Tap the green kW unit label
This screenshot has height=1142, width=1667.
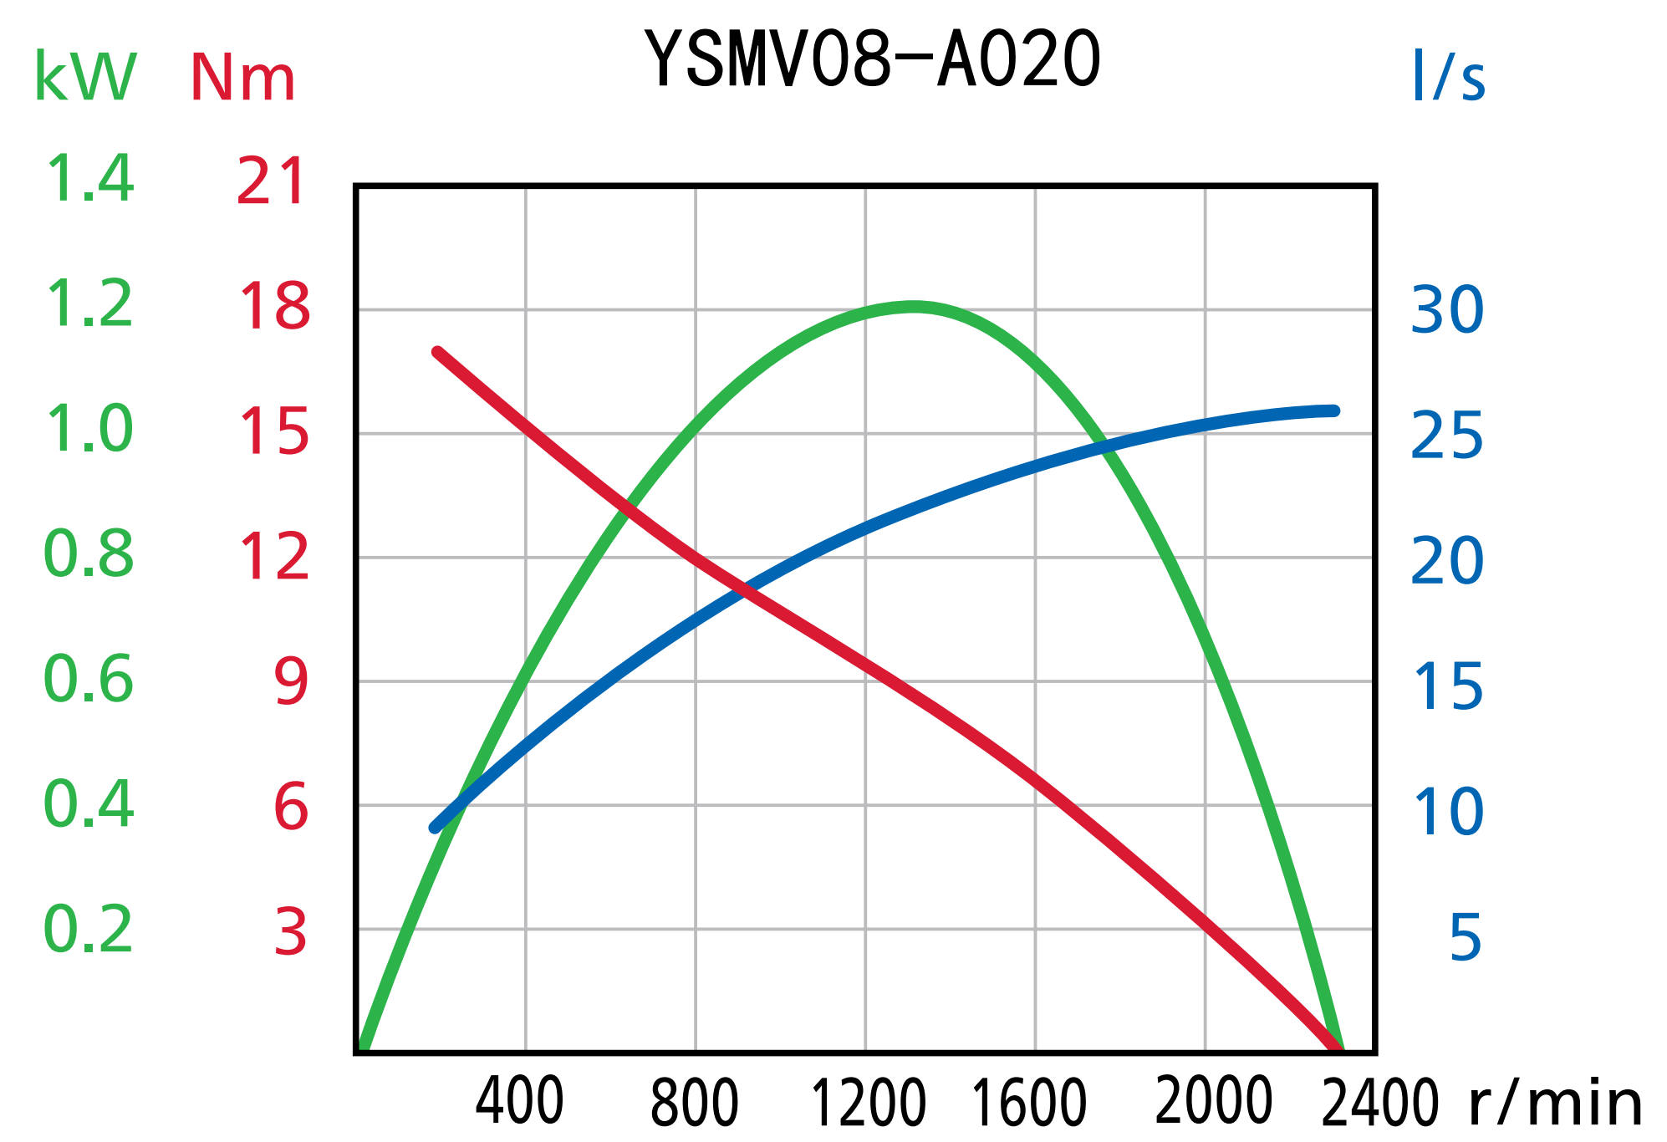(84, 77)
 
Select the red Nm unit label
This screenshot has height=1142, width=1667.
(242, 79)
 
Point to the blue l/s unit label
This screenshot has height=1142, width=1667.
(1448, 77)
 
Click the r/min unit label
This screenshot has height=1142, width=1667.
(1555, 1104)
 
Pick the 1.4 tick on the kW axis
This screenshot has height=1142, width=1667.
(89, 179)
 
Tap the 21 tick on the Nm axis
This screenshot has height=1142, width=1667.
(270, 181)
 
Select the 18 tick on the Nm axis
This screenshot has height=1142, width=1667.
(274, 306)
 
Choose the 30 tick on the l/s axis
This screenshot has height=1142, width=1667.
(1447, 310)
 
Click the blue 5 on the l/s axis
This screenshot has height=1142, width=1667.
(1466, 937)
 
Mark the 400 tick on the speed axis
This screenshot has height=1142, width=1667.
(519, 1102)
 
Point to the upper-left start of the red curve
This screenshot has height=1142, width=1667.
(437, 352)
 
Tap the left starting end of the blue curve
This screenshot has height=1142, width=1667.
(434, 828)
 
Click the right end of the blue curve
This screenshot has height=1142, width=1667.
(1334, 410)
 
